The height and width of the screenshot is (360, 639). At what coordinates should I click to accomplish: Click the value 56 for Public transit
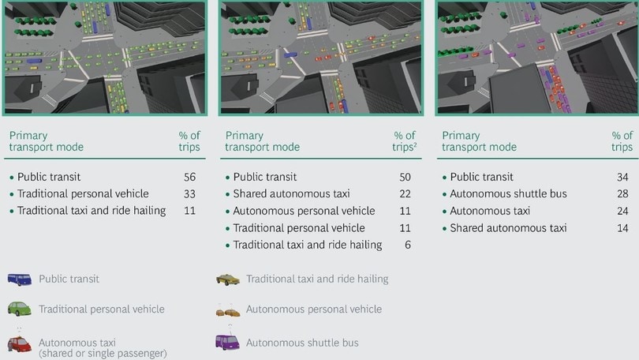point(189,177)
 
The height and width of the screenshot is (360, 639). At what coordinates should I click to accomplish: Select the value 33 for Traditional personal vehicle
point(189,193)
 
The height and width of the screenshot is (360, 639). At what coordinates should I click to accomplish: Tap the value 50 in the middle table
point(405,177)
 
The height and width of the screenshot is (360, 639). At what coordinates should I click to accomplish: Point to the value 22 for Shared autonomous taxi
point(405,193)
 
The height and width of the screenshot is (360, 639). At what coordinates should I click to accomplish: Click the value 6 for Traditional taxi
point(408,245)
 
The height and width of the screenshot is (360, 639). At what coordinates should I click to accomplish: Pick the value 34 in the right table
point(622,177)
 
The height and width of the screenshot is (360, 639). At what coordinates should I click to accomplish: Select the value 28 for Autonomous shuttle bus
point(622,193)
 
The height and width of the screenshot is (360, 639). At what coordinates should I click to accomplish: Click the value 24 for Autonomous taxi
point(622,211)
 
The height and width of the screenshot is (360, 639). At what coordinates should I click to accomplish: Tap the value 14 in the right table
point(622,228)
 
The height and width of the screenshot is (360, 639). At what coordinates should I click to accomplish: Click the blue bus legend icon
point(19,279)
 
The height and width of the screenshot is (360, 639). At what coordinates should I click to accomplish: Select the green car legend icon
point(19,309)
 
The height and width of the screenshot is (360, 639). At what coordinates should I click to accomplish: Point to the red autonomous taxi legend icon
point(19,344)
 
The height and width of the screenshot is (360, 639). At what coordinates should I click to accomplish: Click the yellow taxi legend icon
point(228,279)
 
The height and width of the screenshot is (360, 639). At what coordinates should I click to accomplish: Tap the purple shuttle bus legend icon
point(227,342)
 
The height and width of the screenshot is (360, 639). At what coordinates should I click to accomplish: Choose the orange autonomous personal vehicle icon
point(228,313)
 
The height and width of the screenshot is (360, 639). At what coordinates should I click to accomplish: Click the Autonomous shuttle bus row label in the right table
point(508,193)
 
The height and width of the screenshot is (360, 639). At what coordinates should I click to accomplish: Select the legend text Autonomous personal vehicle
point(314,309)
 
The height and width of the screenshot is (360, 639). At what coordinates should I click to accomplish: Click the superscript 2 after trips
point(415,144)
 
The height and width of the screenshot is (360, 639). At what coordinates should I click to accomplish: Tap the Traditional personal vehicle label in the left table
point(83,193)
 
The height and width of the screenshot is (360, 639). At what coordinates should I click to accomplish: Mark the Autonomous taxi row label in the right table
point(490,211)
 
